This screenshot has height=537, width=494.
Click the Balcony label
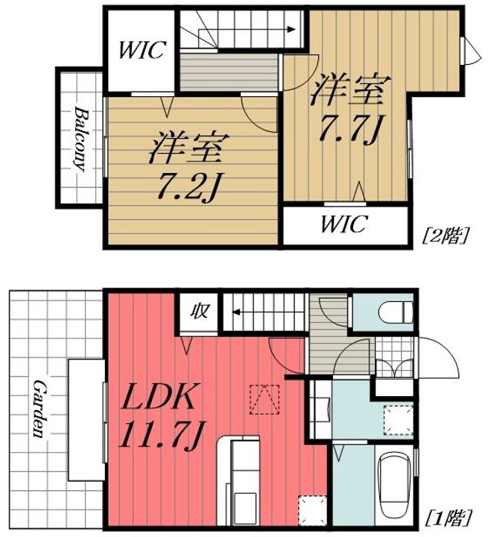click(80, 139)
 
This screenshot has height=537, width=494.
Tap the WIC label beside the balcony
click(142, 50)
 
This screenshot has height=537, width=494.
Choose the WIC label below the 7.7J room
click(344, 224)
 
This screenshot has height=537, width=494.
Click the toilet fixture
click(396, 312)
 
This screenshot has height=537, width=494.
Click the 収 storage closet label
click(199, 312)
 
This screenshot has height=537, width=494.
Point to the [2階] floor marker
click(445, 235)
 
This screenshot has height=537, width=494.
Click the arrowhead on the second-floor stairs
click(291, 29)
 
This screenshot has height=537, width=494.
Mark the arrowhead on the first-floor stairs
click(236, 312)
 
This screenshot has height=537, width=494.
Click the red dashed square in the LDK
click(265, 400)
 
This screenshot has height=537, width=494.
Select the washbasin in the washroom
click(322, 409)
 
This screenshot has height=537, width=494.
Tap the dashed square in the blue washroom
click(399, 420)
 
